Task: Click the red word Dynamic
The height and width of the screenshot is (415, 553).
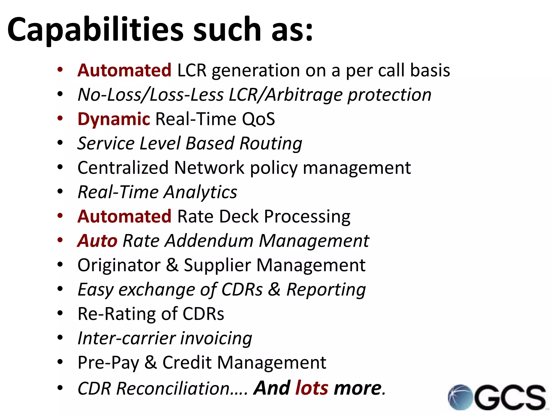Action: pos(113,119)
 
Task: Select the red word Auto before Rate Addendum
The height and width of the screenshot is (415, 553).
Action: pos(97,241)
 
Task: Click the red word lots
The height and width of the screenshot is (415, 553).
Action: pos(312,388)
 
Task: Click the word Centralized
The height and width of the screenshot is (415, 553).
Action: pos(123,168)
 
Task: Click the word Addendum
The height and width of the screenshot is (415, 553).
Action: pos(209,241)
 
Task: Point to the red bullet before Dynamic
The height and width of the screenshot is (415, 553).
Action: pos(60,118)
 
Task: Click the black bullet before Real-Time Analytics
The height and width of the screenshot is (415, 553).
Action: pos(60,191)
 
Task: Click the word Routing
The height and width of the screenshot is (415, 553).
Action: pos(271,143)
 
